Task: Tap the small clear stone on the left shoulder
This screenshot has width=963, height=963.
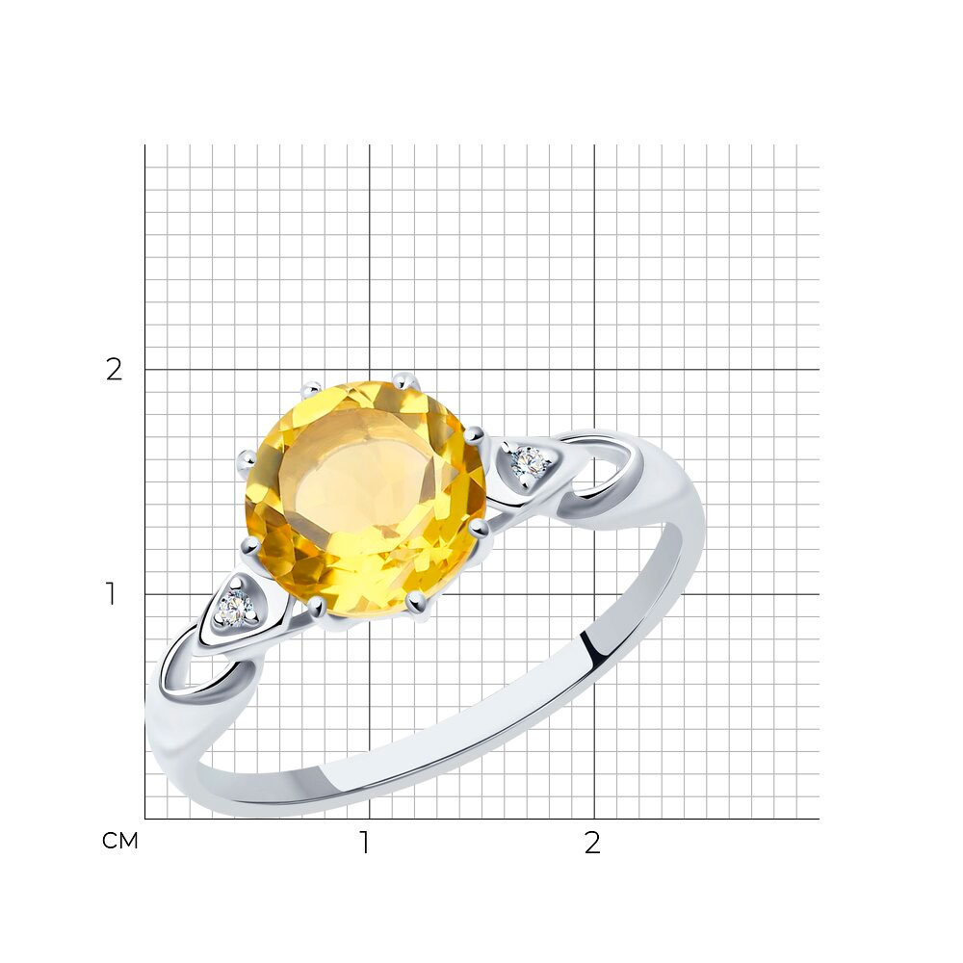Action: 236,608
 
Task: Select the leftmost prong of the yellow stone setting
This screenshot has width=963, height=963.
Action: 247,458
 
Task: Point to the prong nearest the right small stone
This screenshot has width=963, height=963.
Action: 474,435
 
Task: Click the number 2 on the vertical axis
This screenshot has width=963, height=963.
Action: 115,370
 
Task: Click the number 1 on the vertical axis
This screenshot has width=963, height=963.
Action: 111,594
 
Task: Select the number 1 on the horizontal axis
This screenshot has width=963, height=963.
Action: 365,844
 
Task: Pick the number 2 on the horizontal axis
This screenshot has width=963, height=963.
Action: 592,844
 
